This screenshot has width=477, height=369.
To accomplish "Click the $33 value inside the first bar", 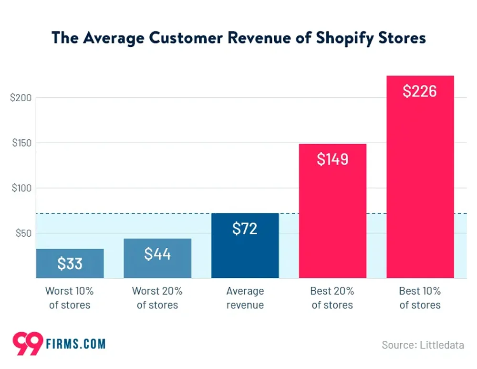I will click(70, 264).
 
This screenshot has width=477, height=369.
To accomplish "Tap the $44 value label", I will click(157, 254).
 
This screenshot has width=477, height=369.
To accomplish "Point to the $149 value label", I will click(332, 159).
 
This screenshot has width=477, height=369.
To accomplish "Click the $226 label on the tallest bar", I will click(420, 91).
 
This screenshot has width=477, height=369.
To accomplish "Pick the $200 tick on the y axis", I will click(21, 98).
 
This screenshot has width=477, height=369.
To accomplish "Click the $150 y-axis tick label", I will click(21, 143).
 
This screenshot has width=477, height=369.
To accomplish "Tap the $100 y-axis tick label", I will click(21, 188).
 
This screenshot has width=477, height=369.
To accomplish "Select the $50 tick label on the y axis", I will click(22, 233).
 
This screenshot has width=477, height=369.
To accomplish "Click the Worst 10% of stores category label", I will click(70, 298).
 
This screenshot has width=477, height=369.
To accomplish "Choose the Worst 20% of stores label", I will click(157, 298).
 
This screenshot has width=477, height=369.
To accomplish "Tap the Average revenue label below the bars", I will click(245, 298).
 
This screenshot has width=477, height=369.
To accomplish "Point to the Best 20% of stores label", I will click(332, 298).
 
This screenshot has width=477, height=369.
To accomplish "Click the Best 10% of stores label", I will click(420, 298).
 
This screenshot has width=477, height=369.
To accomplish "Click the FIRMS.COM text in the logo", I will click(76, 344).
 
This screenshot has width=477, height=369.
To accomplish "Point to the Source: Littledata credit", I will click(423, 345).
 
